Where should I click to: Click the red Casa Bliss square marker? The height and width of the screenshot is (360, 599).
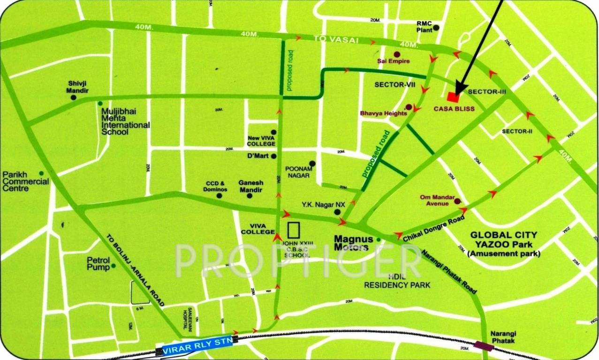point(453,97)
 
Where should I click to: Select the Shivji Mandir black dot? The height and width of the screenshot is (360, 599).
point(74,97)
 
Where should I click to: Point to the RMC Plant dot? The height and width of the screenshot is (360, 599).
point(436,28)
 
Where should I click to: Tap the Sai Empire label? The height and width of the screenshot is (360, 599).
point(394,61)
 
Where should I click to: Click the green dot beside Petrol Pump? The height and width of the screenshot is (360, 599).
point(114,266)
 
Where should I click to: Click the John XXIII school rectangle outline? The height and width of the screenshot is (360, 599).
point(294,230)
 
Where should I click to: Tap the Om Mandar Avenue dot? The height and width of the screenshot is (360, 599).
point(457,202)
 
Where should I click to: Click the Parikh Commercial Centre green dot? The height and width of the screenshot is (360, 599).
point(41,173)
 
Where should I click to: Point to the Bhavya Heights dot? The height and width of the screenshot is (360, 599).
point(409,107)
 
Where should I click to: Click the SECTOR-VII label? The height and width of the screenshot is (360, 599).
point(393,85)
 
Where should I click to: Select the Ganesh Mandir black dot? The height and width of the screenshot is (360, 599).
point(250,195)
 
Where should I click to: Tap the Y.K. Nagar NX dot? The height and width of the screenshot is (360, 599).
point(337,212)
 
